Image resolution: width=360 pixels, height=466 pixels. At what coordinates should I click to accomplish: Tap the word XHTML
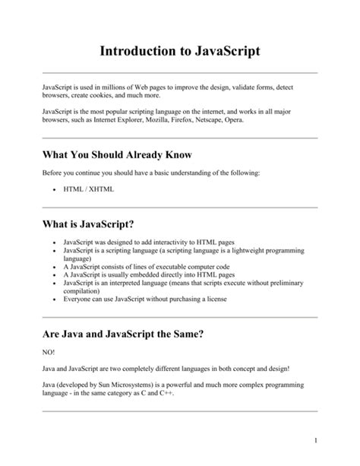point(99,189)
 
